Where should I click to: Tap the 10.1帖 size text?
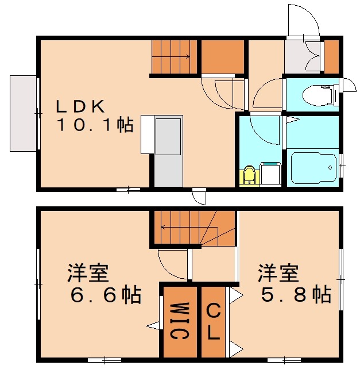click(x=94, y=125)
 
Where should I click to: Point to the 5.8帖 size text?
click(x=296, y=295)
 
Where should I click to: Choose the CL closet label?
click(x=213, y=321)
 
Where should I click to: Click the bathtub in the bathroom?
click(x=311, y=167)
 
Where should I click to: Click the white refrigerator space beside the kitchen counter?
click(x=147, y=134)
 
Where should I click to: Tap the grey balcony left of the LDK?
click(x=23, y=113)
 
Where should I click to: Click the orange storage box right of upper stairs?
click(x=223, y=57)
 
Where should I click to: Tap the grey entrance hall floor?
click(x=303, y=57)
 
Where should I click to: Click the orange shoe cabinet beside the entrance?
click(x=332, y=56)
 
